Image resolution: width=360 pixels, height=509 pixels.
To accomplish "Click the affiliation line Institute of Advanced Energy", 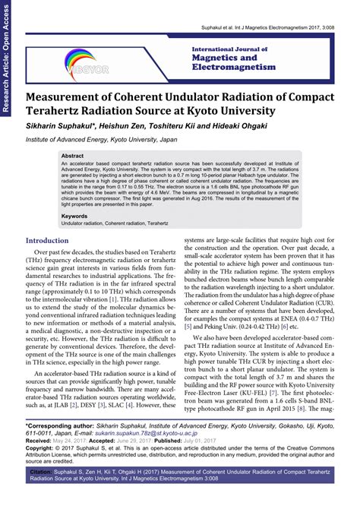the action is [x=114, y=140].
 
